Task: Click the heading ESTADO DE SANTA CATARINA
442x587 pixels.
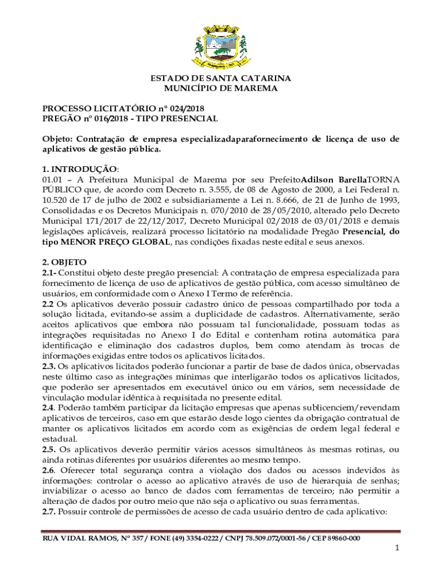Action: pyautogui.click(x=221, y=78)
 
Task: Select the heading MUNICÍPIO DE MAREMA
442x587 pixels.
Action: pyautogui.click(x=221, y=88)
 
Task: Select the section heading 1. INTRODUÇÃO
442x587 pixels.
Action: pyautogui.click(x=80, y=170)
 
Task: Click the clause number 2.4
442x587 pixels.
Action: pyautogui.click(x=49, y=408)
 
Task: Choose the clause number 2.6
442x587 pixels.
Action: pyautogui.click(x=49, y=470)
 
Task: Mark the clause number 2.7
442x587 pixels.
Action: pyautogui.click(x=49, y=511)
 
